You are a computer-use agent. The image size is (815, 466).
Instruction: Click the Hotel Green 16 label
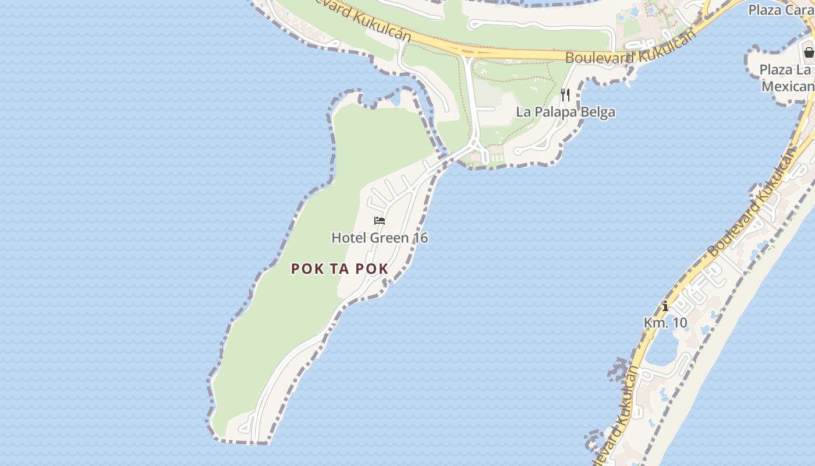[380, 238]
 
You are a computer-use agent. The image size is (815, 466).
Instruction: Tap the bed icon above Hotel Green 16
[380, 221]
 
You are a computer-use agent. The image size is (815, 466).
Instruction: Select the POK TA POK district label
[339, 269]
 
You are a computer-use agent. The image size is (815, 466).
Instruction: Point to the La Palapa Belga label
[565, 112]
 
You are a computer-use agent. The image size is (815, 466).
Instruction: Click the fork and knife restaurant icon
[565, 94]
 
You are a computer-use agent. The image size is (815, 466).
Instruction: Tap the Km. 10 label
[665, 322]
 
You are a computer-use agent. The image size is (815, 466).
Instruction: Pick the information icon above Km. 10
[665, 306]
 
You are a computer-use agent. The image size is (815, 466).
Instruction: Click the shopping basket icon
[809, 52]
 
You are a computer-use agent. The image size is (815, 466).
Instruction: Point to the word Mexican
[788, 86]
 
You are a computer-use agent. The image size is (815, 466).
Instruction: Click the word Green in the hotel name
[388, 238]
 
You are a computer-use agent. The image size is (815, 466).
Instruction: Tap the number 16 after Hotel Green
[419, 238]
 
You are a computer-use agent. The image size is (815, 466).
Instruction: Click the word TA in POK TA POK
[339, 269]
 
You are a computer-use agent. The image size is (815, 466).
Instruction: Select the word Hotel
[348, 238]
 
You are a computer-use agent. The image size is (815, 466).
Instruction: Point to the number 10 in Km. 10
[679, 322]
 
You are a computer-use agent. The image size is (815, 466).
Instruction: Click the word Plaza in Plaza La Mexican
[776, 70]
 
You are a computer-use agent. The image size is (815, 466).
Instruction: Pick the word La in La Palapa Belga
[523, 112]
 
